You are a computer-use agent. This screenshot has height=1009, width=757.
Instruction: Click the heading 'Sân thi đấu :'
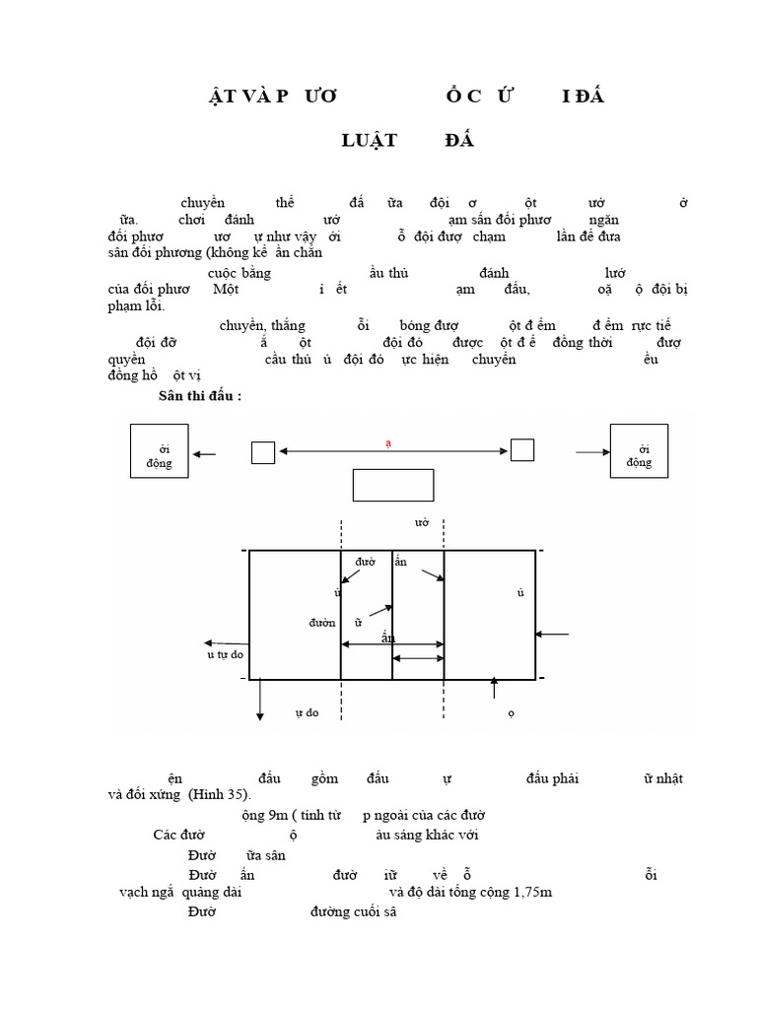pos(200,396)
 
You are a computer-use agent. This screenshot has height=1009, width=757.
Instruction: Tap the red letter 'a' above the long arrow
pos(388,444)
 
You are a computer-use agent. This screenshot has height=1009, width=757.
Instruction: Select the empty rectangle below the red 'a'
pos(393,485)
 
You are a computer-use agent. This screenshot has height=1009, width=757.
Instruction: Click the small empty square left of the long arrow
pos(263,452)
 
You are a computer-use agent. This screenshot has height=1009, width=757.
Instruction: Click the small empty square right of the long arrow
pos(521,450)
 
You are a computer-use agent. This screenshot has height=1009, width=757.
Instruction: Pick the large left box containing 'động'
pos(159,451)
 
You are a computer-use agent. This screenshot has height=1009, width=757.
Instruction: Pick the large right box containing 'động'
pos(639,451)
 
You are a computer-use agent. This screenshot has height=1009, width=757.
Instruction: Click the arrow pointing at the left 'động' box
pos(204,454)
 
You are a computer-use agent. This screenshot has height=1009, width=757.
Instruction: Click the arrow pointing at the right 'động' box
pos(591,452)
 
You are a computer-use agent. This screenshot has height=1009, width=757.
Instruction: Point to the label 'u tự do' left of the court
pos(225,654)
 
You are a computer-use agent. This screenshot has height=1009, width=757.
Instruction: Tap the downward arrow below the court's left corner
pos(259,700)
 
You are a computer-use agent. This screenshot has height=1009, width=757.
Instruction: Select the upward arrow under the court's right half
pos(494,691)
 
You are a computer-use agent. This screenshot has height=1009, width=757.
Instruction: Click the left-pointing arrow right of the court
pos(553,635)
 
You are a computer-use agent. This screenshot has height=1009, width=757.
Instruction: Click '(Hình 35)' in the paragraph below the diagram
pos(221,794)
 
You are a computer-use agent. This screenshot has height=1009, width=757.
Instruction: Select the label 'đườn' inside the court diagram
pos(322,623)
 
